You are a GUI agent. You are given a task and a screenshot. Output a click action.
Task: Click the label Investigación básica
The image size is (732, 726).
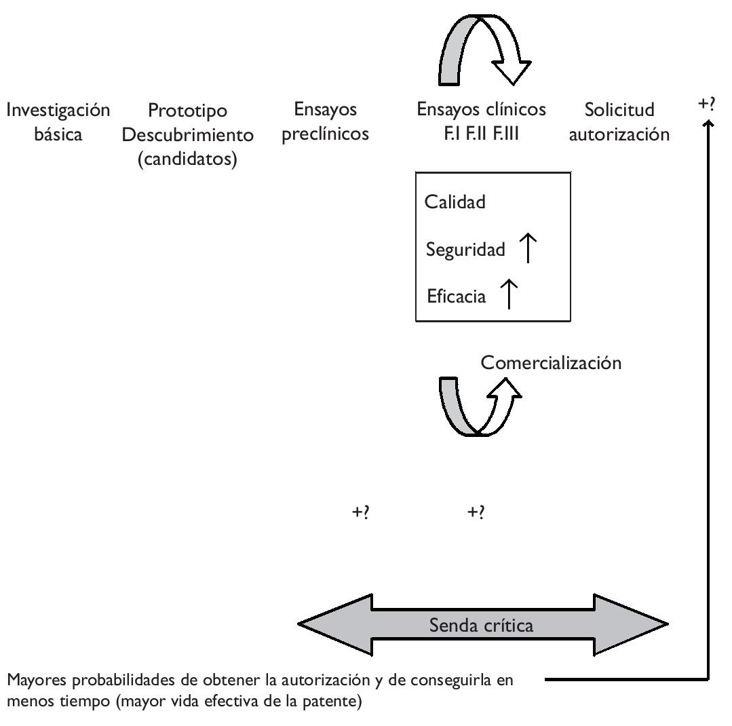pos(58,122)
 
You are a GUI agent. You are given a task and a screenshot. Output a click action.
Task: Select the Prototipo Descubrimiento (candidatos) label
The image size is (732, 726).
pos(187,135)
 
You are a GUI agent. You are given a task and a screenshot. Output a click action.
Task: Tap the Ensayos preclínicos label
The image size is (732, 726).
pos(325,122)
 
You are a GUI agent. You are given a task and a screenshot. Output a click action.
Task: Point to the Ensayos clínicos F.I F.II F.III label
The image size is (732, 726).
pos(481,121)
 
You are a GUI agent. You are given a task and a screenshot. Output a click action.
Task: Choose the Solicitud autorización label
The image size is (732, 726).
pos(619,122)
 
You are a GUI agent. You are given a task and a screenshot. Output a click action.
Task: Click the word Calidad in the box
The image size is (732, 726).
pos(455,202)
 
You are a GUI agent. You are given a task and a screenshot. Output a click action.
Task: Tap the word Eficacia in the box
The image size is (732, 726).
pos(457,297)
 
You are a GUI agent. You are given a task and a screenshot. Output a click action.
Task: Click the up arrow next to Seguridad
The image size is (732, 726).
pos(527,248)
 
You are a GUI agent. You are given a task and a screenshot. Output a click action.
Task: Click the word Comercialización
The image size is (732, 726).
pos(551,363)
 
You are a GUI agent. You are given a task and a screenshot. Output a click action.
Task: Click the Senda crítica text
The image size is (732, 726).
pos(481,625)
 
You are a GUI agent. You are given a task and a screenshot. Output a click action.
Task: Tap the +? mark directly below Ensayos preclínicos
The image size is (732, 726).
pos(360,513)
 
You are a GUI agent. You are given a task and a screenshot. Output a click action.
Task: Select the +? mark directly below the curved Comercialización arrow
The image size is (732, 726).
pos(476,513)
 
